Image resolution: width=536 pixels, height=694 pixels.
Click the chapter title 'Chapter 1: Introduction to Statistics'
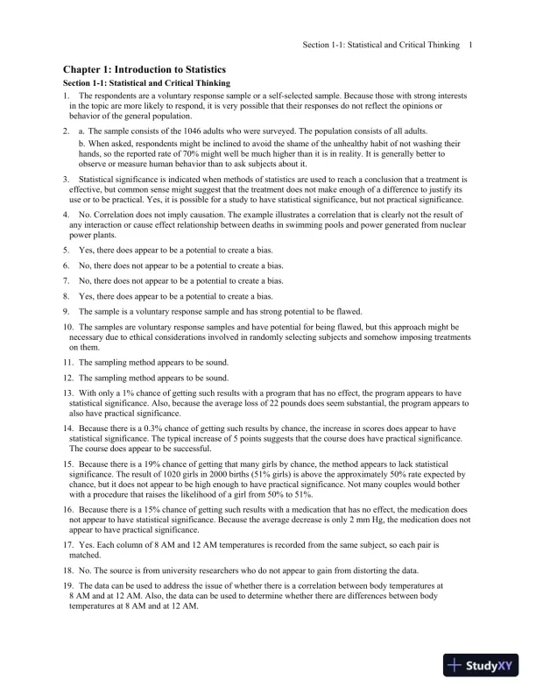(145, 69)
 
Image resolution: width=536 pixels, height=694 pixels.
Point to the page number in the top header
(471, 45)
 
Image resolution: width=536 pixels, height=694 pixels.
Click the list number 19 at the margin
(67, 583)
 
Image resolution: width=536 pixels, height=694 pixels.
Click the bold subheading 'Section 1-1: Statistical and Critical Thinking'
(146, 83)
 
